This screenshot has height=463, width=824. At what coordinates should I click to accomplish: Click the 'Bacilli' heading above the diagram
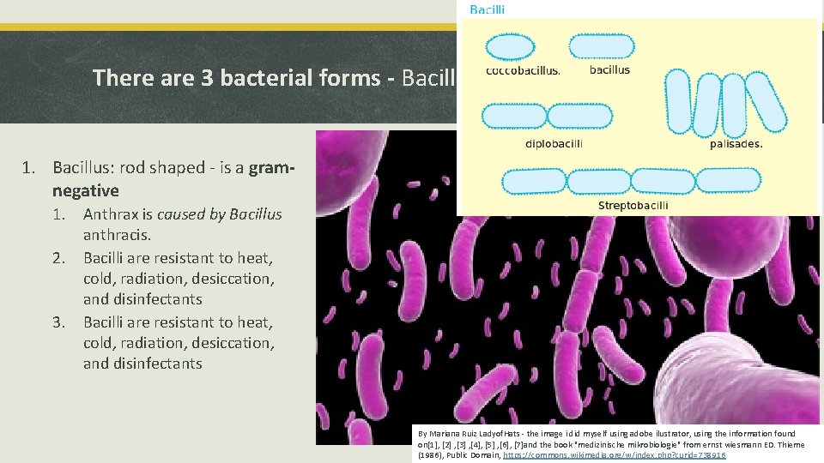[487, 9]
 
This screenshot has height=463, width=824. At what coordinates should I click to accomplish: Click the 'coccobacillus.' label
[523, 70]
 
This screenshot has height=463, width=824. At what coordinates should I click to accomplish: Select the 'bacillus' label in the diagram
[609, 69]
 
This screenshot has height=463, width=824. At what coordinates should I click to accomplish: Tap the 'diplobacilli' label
[554, 143]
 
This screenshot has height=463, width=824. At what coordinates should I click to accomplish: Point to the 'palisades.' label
[736, 144]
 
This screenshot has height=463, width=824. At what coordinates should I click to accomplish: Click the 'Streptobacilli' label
[633, 205]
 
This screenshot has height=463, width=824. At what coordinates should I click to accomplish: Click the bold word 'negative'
[86, 189]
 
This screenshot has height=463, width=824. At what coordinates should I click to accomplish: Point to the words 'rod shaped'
[164, 168]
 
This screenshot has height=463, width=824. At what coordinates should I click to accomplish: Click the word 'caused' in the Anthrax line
[179, 214]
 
